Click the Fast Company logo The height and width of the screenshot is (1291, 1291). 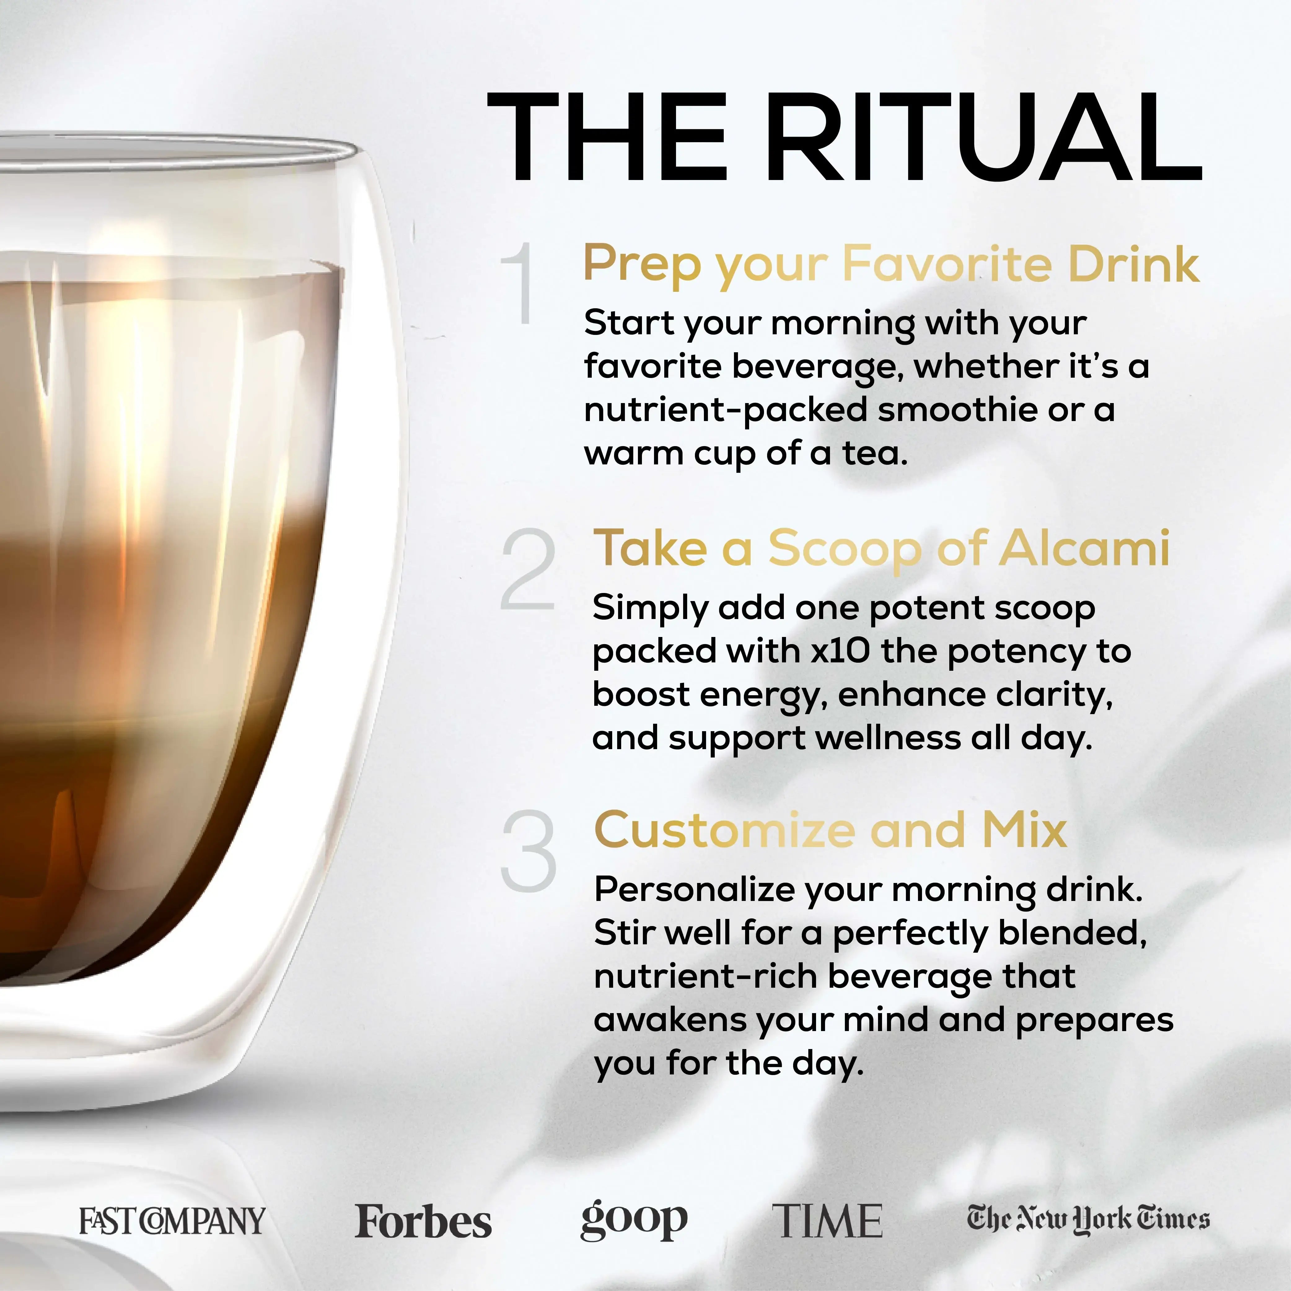point(172,1221)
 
